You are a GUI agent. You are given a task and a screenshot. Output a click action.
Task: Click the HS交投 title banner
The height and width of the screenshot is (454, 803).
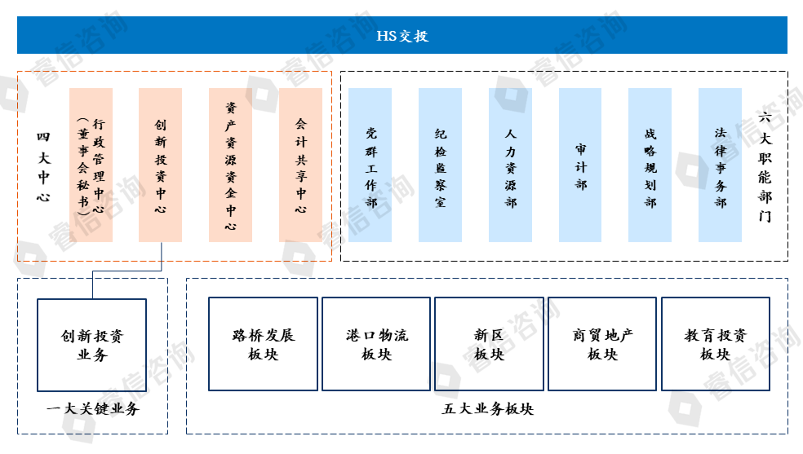[x=401, y=35]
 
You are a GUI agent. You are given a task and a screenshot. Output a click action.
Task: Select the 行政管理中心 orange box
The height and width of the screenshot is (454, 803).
[x=91, y=165]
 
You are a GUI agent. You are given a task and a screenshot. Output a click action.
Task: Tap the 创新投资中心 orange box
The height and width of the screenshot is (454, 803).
[x=161, y=165]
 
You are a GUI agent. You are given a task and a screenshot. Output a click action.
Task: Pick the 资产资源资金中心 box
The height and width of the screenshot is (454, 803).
[x=231, y=165]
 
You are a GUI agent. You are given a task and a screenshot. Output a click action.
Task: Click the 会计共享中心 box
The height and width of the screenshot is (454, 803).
[x=301, y=165]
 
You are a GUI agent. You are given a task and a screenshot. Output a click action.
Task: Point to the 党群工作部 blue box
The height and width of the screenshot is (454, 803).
[x=370, y=165]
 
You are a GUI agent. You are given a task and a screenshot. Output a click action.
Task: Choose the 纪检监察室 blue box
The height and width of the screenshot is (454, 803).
[x=441, y=165]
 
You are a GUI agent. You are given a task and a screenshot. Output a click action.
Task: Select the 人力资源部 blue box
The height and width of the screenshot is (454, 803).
[x=511, y=165]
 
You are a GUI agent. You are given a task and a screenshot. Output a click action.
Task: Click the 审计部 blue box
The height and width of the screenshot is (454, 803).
[x=580, y=165]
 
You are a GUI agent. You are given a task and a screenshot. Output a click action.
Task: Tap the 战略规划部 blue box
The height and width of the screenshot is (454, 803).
[x=650, y=165]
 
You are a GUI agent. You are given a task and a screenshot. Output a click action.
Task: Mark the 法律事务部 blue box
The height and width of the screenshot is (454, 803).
[x=721, y=165]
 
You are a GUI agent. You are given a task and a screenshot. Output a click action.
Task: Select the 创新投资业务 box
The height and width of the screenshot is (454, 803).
[x=92, y=345]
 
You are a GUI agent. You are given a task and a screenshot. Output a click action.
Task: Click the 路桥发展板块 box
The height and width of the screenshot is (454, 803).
[x=263, y=344]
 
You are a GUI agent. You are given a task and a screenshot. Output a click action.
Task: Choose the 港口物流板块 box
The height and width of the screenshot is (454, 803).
[x=376, y=344]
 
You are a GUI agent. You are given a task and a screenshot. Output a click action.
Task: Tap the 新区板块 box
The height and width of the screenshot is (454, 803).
[x=490, y=344]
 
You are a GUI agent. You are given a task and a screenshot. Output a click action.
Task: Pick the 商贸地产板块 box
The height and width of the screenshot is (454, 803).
[x=602, y=344]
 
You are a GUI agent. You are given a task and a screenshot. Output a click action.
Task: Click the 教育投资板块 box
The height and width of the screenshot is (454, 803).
[x=716, y=344]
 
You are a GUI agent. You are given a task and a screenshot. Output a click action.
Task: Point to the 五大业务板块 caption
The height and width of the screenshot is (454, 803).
[x=487, y=409]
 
